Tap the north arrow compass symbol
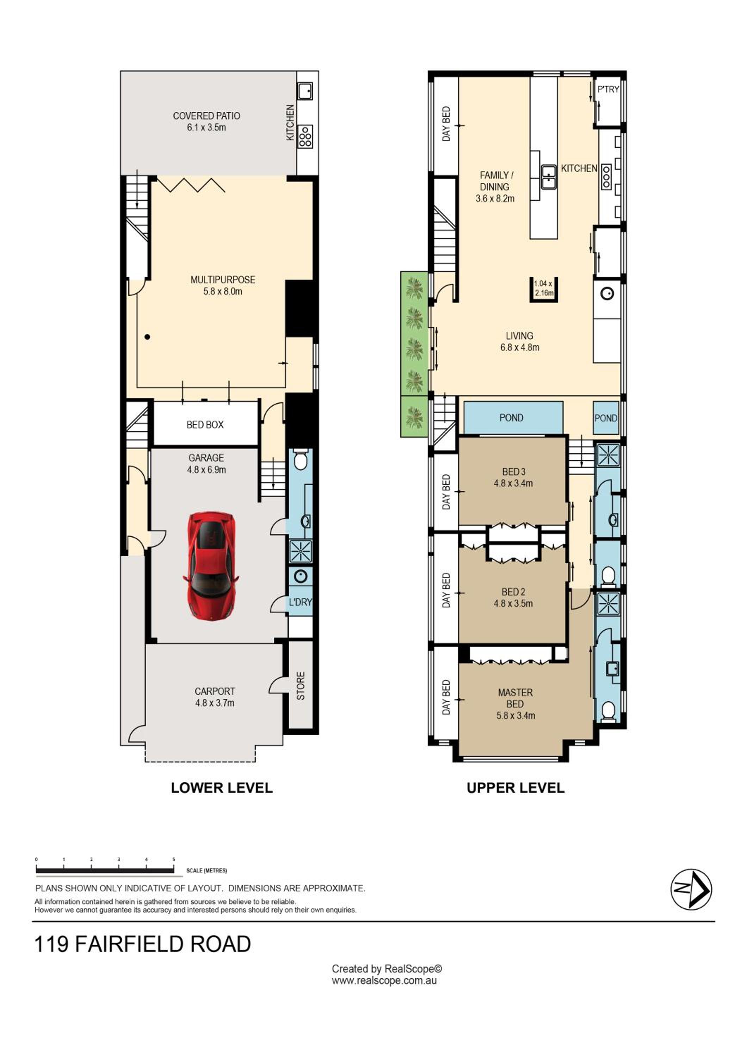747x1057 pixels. (691, 889)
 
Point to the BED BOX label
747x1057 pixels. (205, 425)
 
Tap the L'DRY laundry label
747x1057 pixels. (301, 602)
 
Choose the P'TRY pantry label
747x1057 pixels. (608, 89)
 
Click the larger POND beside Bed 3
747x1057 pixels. (513, 418)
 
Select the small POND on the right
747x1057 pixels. (606, 418)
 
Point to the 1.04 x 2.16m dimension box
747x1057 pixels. (544, 289)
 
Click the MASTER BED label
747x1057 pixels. (516, 698)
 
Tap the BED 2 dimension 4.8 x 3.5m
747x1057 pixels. (513, 603)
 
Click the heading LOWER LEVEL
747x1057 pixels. (222, 788)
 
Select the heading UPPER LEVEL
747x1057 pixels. (516, 788)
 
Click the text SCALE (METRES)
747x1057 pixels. (206, 871)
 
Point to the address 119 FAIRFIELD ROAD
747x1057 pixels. (143, 944)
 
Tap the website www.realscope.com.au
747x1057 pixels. (384, 981)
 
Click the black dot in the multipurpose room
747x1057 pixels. (147, 337)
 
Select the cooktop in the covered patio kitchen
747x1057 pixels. (305, 137)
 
